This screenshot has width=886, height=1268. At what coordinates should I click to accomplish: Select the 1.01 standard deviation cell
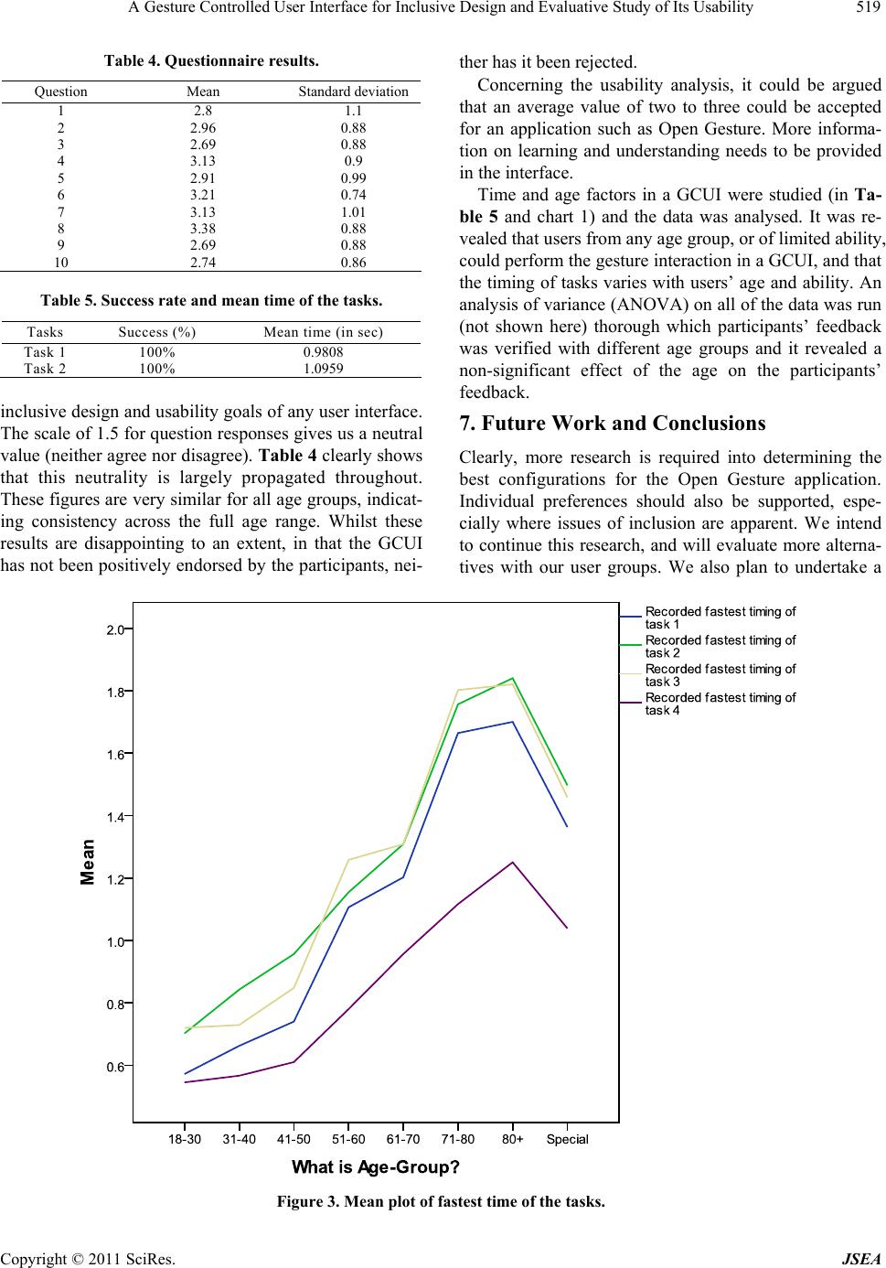353,211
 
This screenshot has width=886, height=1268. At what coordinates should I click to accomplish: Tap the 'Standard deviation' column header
353,91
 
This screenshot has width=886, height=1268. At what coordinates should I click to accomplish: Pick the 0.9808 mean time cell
323,351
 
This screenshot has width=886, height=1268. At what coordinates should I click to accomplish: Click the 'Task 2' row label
45,369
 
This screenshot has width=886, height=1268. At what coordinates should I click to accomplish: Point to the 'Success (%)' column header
157,332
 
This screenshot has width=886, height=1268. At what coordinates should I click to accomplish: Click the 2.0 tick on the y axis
115,629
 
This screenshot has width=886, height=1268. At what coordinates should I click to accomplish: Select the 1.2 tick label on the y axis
115,878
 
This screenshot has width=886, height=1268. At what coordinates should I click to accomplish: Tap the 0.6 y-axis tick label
115,1066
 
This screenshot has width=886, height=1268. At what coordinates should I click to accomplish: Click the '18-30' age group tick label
185,1139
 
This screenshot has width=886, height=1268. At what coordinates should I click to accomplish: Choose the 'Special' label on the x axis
567,1139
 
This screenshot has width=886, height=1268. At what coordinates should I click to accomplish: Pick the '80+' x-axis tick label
512,1139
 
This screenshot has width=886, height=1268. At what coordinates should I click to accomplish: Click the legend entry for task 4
720,704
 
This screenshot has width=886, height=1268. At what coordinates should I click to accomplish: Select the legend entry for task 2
720,646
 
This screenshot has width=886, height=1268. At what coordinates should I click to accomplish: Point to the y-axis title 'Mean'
88,862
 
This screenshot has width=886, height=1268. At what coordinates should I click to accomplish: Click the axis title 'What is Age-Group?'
375,1167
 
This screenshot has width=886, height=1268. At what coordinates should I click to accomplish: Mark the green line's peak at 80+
512,678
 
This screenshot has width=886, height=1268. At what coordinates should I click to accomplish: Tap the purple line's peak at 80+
512,862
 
